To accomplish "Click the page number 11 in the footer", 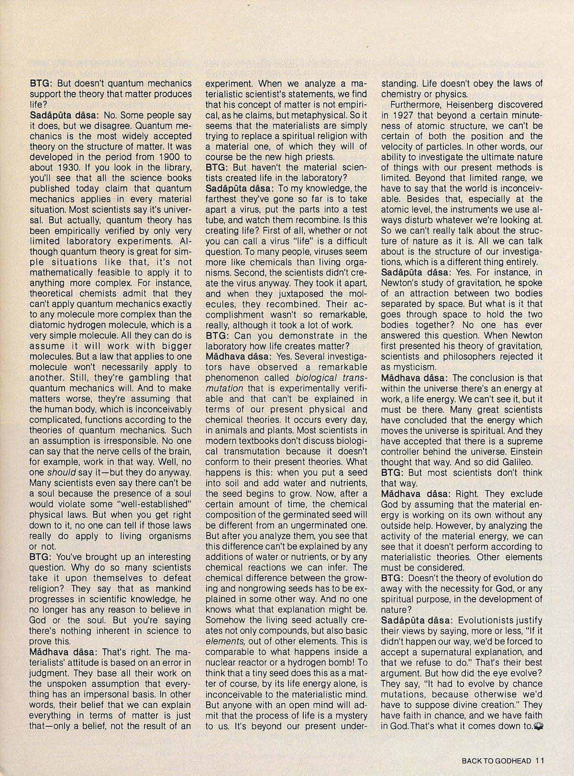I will coord(540,760).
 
